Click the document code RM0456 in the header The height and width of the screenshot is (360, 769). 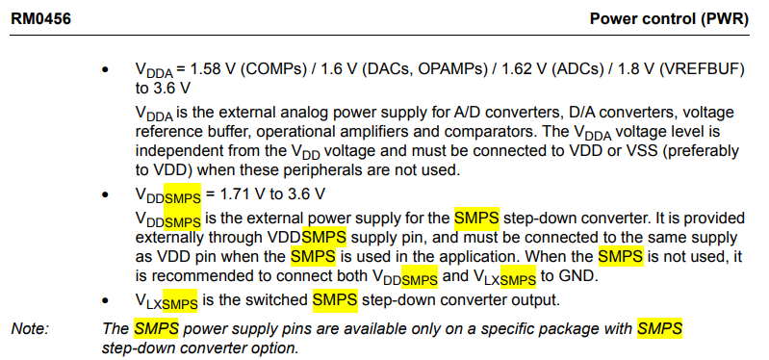pos(39,17)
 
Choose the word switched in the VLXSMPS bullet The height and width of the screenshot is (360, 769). pos(279,301)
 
